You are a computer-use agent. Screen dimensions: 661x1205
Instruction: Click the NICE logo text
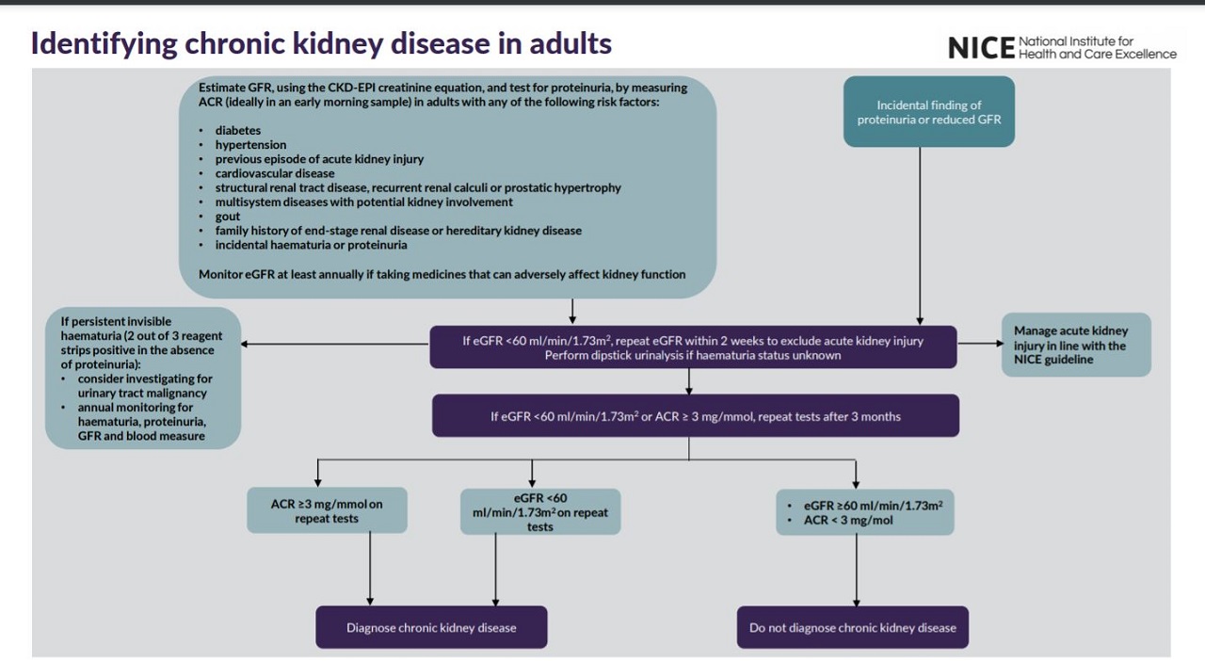pyautogui.click(x=980, y=47)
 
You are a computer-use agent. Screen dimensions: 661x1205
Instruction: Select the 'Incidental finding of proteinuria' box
pyautogui.click(x=928, y=112)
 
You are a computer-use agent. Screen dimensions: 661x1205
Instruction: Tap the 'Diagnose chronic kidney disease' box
pyautogui.click(x=431, y=627)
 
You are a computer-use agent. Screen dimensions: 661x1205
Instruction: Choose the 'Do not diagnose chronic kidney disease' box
pyautogui.click(x=852, y=627)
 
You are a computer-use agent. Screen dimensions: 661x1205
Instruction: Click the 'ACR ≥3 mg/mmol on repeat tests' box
pyautogui.click(x=327, y=510)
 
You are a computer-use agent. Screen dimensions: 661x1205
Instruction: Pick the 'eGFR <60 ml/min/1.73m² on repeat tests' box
pyautogui.click(x=540, y=511)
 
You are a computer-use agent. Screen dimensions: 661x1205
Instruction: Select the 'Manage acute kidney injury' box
pyautogui.click(x=1076, y=345)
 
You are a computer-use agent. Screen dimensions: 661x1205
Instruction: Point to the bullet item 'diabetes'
pyautogui.click(x=237, y=130)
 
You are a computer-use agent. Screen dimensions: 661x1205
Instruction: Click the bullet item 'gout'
pyautogui.click(x=227, y=216)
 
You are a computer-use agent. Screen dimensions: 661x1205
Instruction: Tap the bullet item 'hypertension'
pyautogui.click(x=250, y=144)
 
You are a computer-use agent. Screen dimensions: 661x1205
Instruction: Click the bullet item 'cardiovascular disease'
pyautogui.click(x=274, y=173)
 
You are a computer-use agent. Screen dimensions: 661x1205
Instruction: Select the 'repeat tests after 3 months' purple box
pyautogui.click(x=695, y=416)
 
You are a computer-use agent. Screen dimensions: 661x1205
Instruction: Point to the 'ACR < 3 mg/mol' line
pyautogui.click(x=847, y=520)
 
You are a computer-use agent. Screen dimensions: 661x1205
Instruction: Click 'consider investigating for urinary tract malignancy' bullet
pyautogui.click(x=144, y=385)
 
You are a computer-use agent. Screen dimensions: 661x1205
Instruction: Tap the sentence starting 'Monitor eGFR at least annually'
pyautogui.click(x=442, y=274)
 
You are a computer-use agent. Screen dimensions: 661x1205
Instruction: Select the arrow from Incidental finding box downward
pyautogui.click(x=920, y=235)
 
